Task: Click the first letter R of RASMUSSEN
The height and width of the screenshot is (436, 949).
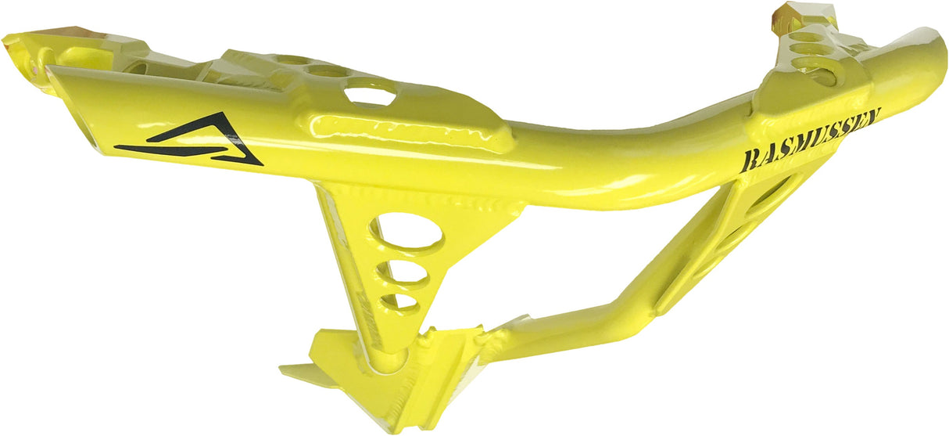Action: [747, 161]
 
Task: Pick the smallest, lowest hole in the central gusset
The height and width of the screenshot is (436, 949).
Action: [399, 301]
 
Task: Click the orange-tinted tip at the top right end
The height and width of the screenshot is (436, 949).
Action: [785, 13]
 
